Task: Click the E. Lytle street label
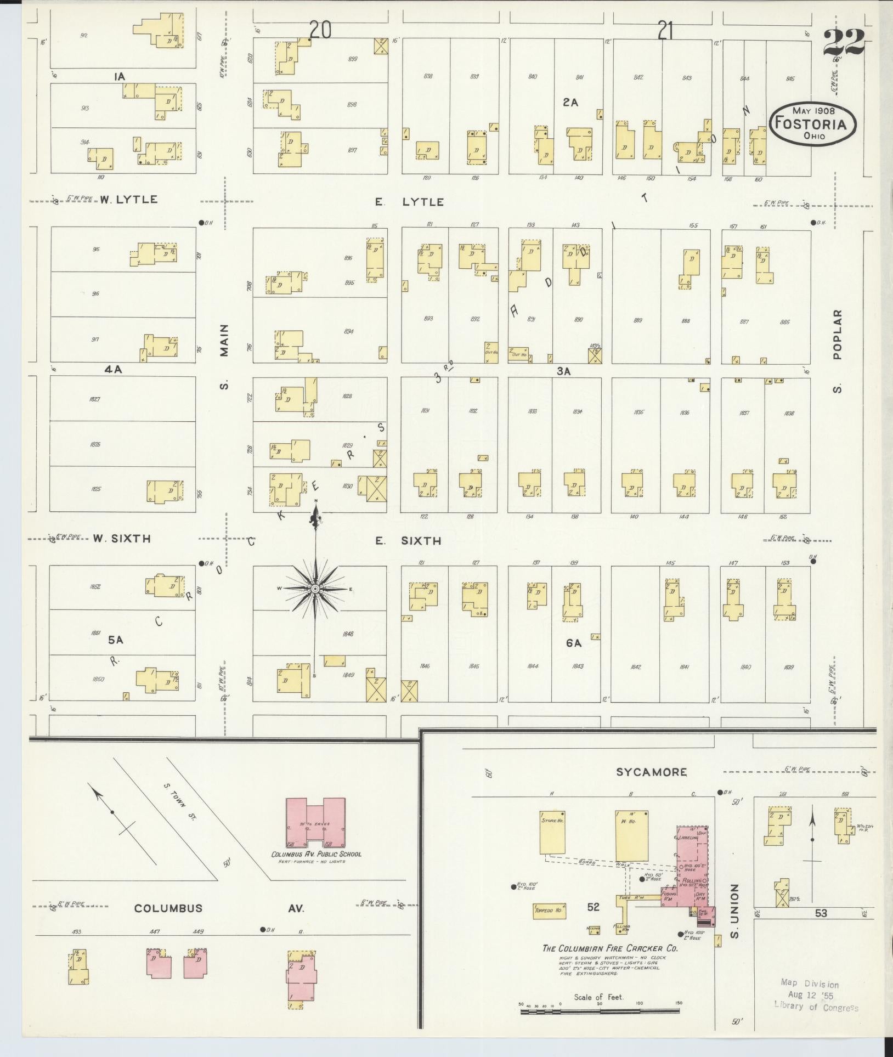pos(409,202)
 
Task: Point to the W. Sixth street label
pos(121,539)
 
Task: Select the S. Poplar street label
pos(837,352)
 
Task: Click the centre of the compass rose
pos(315,589)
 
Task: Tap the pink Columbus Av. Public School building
pos(315,830)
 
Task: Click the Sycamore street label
pos(651,772)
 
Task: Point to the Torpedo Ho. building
pos(549,911)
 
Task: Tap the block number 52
pos(593,907)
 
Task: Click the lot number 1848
pos(347,634)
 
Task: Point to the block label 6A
pos(573,643)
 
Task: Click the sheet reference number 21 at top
pos(665,32)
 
